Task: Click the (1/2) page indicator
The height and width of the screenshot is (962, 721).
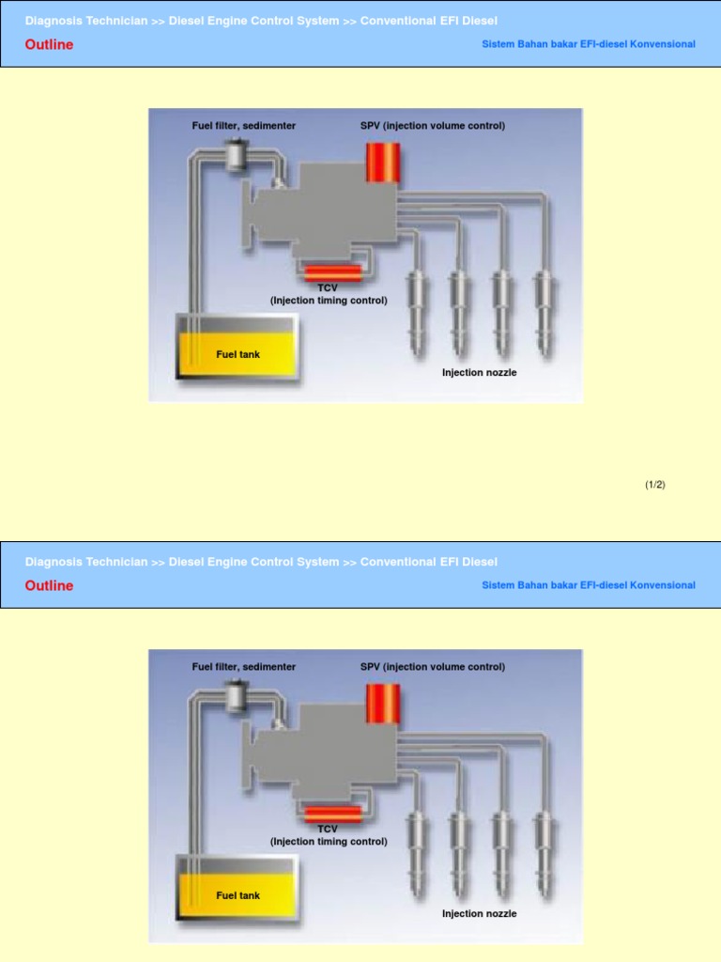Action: click(x=654, y=485)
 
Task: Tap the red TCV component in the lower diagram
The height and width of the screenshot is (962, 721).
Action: click(x=332, y=814)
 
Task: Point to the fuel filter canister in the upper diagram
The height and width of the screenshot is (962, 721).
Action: click(x=234, y=155)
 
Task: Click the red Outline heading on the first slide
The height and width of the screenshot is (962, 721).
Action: click(x=49, y=45)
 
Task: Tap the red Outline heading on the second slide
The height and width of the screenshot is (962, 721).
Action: click(x=49, y=586)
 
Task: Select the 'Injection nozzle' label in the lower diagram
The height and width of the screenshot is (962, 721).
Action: click(x=479, y=913)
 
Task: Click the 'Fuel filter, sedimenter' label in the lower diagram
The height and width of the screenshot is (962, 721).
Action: click(x=244, y=667)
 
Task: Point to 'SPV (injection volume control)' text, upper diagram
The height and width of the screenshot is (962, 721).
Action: click(x=433, y=126)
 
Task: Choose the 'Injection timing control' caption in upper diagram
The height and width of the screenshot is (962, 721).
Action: click(x=329, y=301)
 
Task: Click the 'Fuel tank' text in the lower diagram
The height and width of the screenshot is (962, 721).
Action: click(x=238, y=895)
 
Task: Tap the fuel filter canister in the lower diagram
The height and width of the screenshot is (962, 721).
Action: click(x=234, y=696)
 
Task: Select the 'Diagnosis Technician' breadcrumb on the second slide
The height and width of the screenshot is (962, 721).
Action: click(x=86, y=562)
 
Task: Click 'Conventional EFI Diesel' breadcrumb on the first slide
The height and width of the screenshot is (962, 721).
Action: click(x=428, y=21)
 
